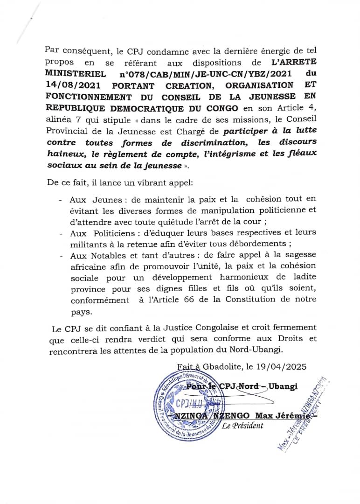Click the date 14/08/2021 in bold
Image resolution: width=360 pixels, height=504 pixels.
(73, 85)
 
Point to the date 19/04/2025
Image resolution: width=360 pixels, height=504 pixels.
(284, 366)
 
